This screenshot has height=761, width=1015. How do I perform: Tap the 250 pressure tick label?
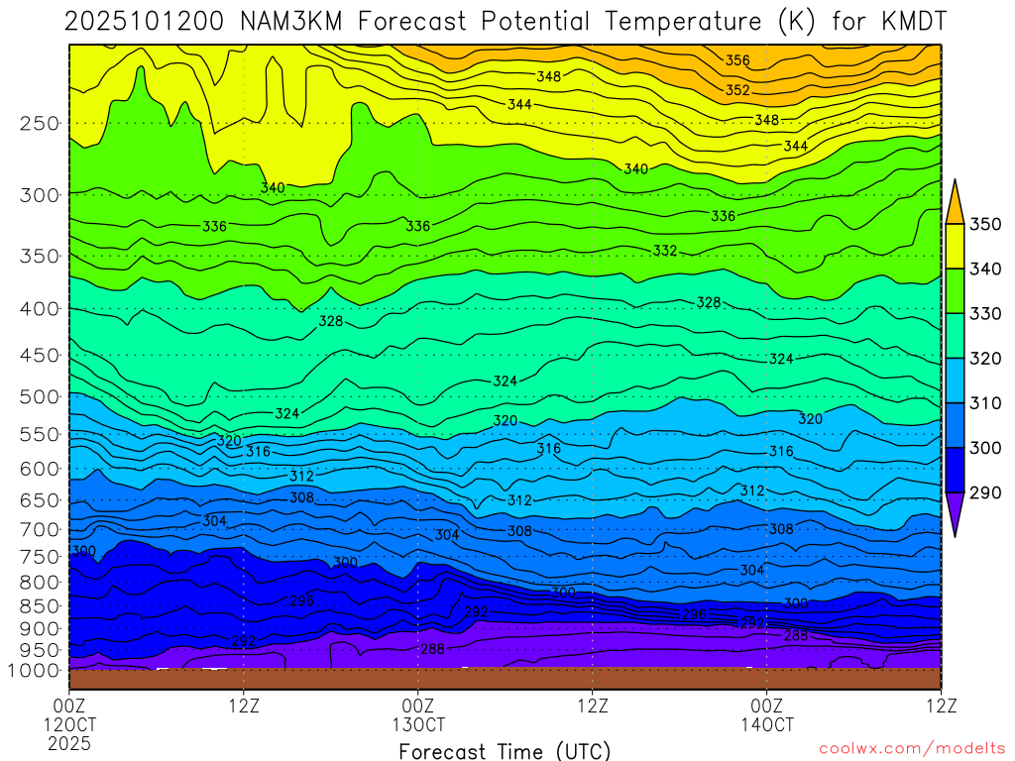(40, 124)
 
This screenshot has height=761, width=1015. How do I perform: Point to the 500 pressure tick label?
(40, 397)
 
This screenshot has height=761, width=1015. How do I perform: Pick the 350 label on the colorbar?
(984, 224)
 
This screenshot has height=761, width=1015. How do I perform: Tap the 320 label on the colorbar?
(984, 359)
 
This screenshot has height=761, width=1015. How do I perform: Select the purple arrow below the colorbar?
(955, 516)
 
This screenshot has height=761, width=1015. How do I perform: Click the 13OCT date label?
(418, 724)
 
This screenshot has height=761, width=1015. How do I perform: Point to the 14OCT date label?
(766, 724)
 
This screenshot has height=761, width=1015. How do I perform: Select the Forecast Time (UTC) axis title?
(505, 751)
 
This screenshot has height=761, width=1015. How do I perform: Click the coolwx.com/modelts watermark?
(911, 748)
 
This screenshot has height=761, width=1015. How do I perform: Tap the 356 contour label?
(737, 60)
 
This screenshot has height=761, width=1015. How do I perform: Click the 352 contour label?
(737, 90)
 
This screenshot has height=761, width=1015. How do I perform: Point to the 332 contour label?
(665, 251)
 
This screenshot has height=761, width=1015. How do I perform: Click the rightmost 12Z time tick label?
(940, 706)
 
